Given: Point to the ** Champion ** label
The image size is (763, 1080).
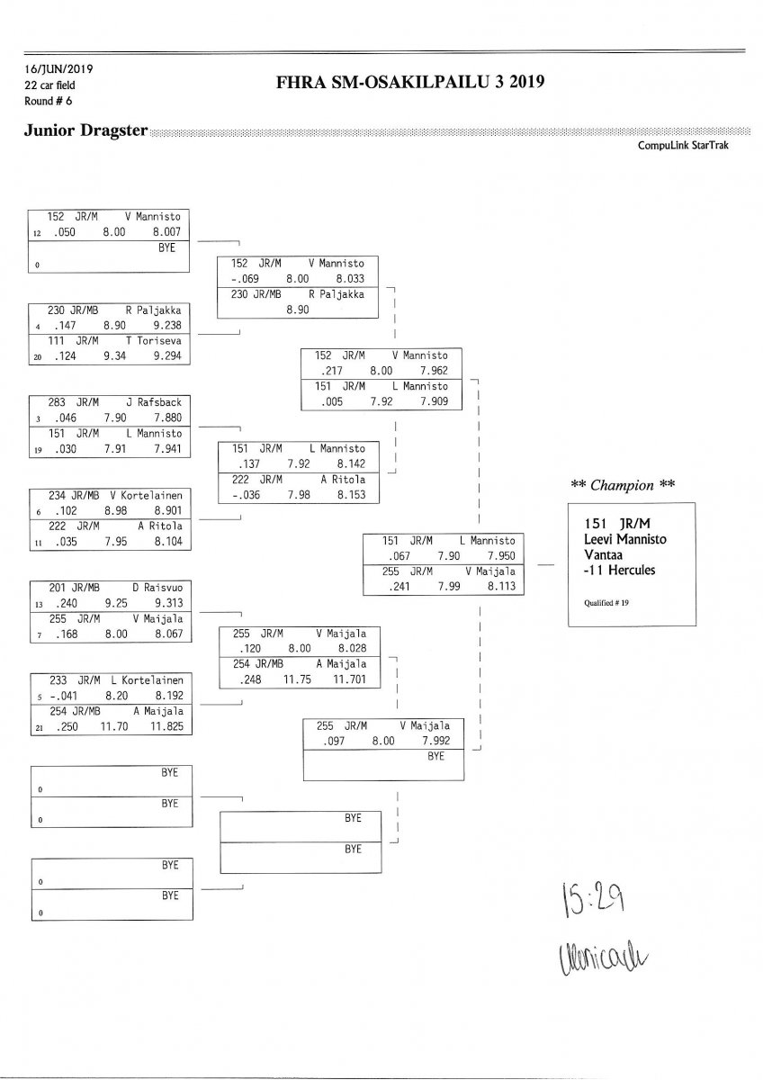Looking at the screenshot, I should click(623, 485).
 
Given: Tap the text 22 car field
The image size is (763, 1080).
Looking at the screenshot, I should click(50, 85).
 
